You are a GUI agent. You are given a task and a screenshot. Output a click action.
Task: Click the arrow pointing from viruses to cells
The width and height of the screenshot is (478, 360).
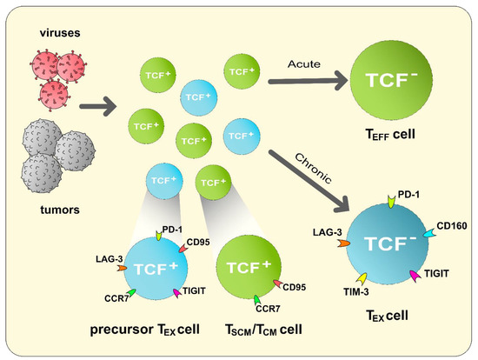98,110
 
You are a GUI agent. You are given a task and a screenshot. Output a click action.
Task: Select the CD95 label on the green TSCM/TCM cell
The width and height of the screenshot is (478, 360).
293,286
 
